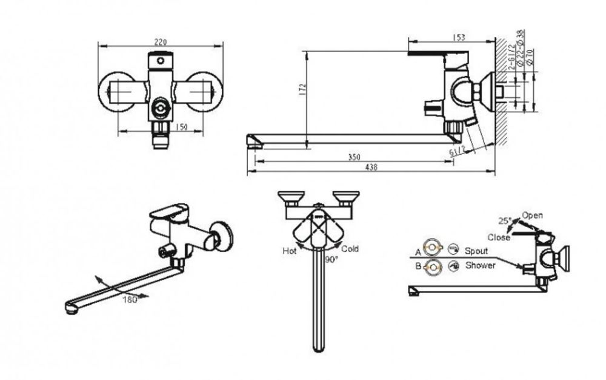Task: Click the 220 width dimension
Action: [161, 42]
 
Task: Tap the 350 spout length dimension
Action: [354, 157]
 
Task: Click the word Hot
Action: [289, 250]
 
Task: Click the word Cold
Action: [350, 249]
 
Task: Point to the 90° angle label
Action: [331, 259]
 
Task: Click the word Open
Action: [533, 215]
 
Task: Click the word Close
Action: [498, 237]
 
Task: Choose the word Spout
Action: [476, 250]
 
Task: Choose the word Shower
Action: [480, 265]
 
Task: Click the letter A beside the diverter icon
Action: [418, 251]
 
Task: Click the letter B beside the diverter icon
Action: [418, 266]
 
